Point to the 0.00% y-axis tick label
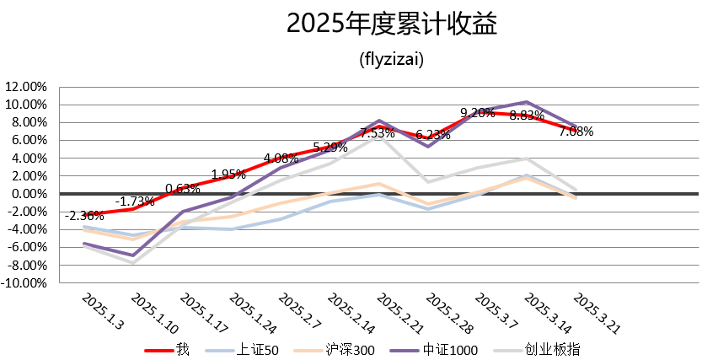(29, 194)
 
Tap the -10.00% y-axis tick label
(25, 283)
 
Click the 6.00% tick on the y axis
(29, 140)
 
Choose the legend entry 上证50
(259, 349)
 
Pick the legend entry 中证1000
(452, 349)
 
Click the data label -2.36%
(83, 216)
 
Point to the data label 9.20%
(477, 113)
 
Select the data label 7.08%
(576, 132)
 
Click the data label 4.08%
(281, 158)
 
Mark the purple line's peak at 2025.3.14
(527, 102)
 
